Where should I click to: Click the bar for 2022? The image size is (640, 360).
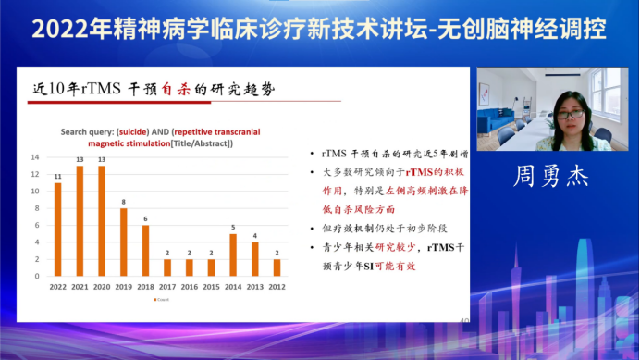click(x=58, y=229)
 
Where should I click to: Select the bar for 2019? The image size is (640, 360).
click(x=124, y=242)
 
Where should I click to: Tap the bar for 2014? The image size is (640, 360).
click(x=233, y=254)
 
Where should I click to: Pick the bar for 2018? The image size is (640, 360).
click(x=145, y=250)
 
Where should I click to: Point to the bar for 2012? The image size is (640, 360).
click(x=277, y=267)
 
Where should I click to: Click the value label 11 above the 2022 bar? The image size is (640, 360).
click(x=58, y=176)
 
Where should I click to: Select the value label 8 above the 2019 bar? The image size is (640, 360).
click(x=124, y=202)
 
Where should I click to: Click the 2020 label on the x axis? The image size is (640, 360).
click(x=102, y=286)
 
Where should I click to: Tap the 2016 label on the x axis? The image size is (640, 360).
click(x=190, y=286)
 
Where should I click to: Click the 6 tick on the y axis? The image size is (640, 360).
click(x=35, y=225)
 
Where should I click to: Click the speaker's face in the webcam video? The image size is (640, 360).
click(x=571, y=113)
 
